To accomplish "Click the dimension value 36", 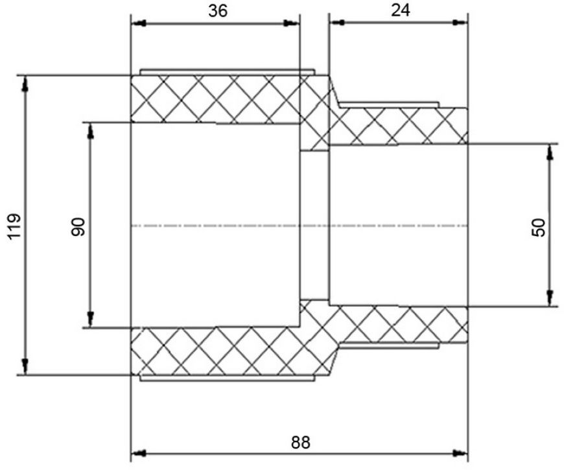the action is pyautogui.click(x=218, y=11).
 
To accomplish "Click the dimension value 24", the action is pyautogui.click(x=401, y=10).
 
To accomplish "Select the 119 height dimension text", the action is pyautogui.click(x=15, y=227).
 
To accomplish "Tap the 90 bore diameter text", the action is pyautogui.click(x=78, y=227).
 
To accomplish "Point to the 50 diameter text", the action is pyautogui.click(x=538, y=228).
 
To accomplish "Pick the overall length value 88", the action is pyautogui.click(x=300, y=442).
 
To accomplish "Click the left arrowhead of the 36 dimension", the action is pyautogui.click(x=139, y=24).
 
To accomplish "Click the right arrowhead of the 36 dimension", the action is pyautogui.click(x=291, y=24).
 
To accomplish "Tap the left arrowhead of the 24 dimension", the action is pyautogui.click(x=337, y=23).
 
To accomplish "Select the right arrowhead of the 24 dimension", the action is pyautogui.click(x=460, y=23).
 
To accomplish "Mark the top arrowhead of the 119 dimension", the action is pyautogui.click(x=25, y=84).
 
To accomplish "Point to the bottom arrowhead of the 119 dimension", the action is pyautogui.click(x=25, y=366).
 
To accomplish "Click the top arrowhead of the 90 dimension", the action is pyautogui.click(x=91, y=131).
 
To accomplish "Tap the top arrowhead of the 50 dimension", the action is pyautogui.click(x=550, y=152).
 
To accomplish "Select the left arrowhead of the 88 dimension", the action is pyautogui.click(x=139, y=453).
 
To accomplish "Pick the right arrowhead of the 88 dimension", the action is pyautogui.click(x=460, y=452).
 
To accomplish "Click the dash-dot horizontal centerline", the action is pyautogui.click(x=300, y=226).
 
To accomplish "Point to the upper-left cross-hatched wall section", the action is pyautogui.click(x=215, y=99).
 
